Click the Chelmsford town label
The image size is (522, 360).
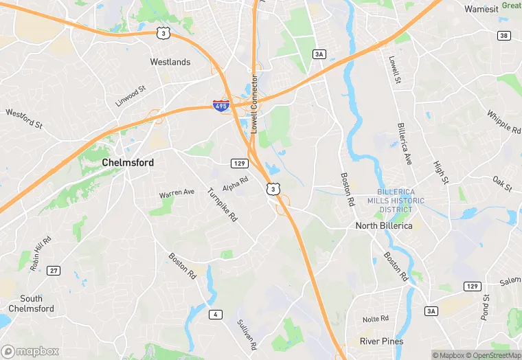point(128,163)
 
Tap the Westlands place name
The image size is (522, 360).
point(170,62)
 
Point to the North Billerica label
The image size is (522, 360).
point(385,225)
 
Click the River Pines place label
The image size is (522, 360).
point(382,341)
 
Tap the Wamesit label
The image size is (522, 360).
point(481,9)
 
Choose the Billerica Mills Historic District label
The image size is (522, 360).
point(400,201)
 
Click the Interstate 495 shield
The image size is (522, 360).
point(220,106)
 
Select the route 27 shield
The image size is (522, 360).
point(54,271)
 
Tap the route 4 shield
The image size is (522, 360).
point(216,315)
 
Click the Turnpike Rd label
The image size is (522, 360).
point(222,204)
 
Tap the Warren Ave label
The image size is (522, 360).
point(177,194)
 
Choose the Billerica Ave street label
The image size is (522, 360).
point(405,144)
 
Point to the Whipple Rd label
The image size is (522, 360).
point(503,121)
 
